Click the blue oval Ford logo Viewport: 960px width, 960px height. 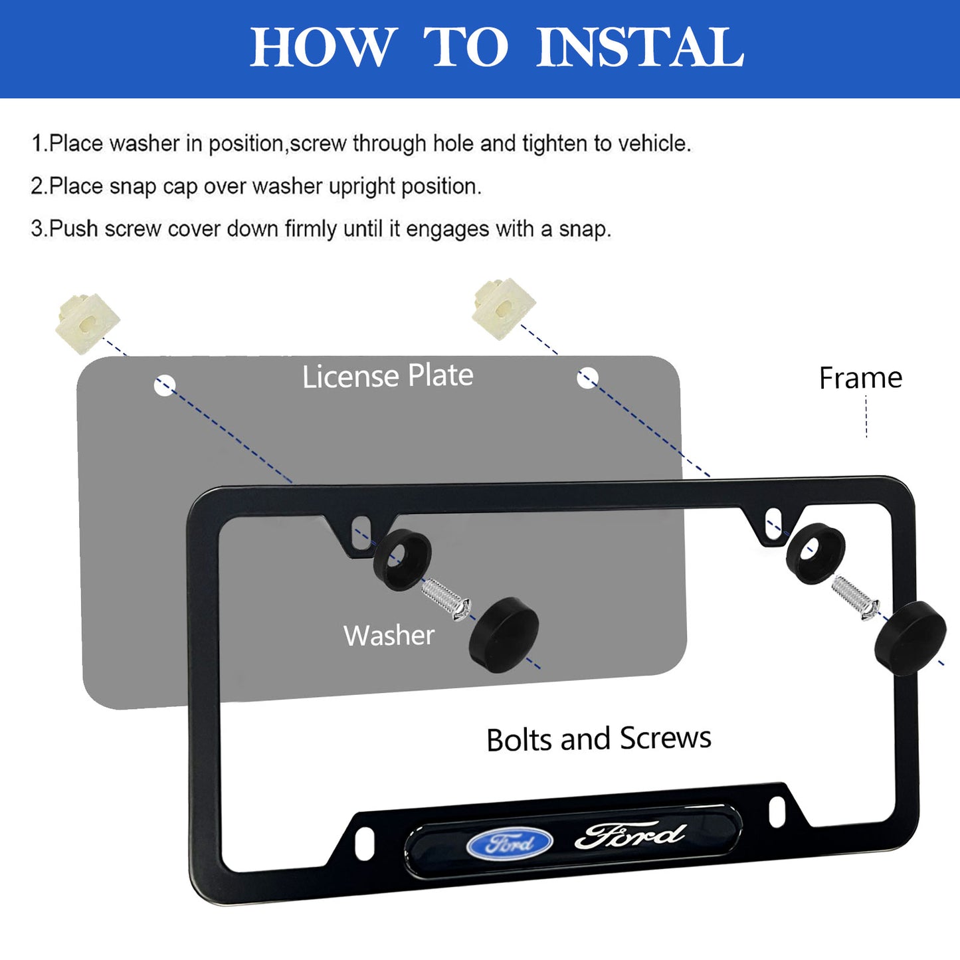[x=509, y=843]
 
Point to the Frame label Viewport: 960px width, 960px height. [x=860, y=378]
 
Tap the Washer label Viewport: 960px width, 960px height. [x=389, y=636]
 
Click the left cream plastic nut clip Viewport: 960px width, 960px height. [x=88, y=324]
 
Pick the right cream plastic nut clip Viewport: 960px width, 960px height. [x=503, y=309]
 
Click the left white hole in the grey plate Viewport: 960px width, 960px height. [x=164, y=385]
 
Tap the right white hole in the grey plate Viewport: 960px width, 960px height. [x=587, y=377]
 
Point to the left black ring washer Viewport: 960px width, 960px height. [x=402, y=560]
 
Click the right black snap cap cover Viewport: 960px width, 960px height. [x=911, y=638]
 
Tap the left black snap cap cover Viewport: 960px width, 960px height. [x=504, y=634]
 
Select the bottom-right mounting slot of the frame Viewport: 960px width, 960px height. [x=777, y=812]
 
